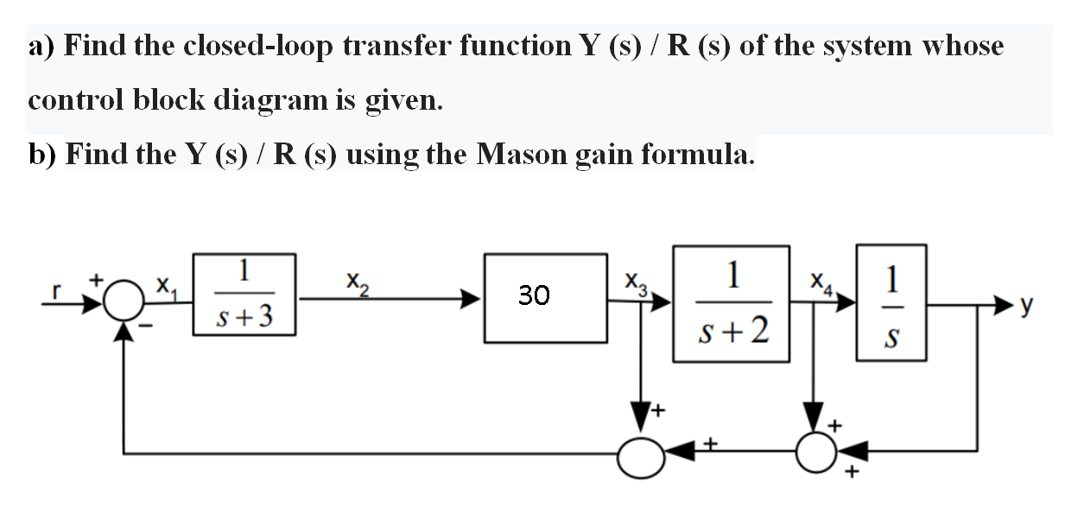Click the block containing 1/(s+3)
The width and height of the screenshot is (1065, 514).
tap(244, 294)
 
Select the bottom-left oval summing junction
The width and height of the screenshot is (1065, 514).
tap(642, 455)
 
